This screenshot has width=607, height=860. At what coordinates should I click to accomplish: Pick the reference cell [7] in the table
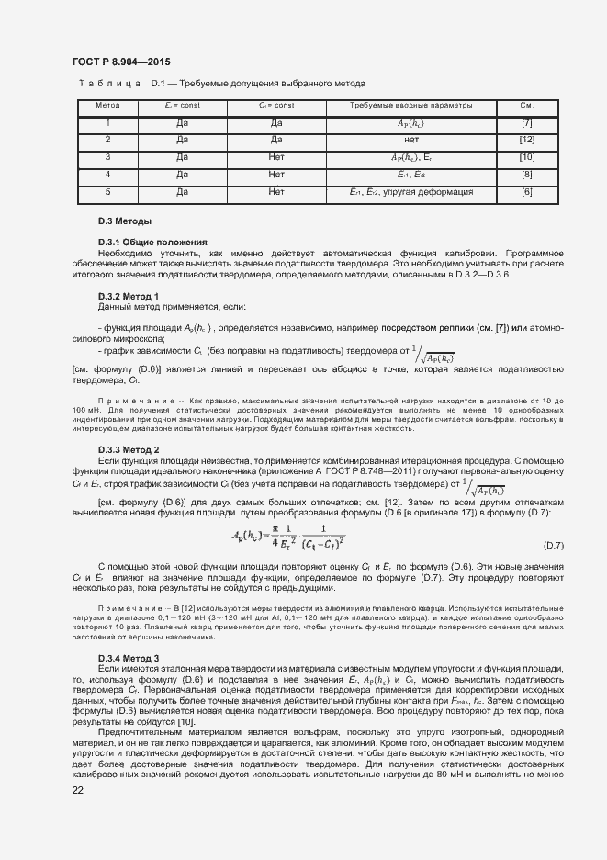[x=526, y=123]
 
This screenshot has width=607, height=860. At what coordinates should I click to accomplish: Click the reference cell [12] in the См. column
[x=526, y=140]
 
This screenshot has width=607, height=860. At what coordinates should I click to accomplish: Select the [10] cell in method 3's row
[x=526, y=157]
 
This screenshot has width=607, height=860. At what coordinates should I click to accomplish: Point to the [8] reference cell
[x=526, y=175]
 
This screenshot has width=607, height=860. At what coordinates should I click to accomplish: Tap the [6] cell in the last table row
[x=526, y=192]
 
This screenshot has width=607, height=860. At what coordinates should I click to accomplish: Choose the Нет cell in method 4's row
[x=276, y=175]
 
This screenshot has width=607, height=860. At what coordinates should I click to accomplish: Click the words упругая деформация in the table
[x=427, y=192]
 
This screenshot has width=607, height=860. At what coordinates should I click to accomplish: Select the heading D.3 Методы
[x=124, y=222]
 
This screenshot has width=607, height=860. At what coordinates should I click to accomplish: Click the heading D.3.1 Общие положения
[x=140, y=242]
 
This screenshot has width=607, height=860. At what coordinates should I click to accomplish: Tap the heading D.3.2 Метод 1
[x=129, y=296]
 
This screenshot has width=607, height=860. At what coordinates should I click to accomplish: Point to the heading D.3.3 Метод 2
[x=129, y=449]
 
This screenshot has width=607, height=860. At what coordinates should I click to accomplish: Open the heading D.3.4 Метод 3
[x=129, y=659]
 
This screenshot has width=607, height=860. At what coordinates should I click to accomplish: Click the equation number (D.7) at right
[x=554, y=546]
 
